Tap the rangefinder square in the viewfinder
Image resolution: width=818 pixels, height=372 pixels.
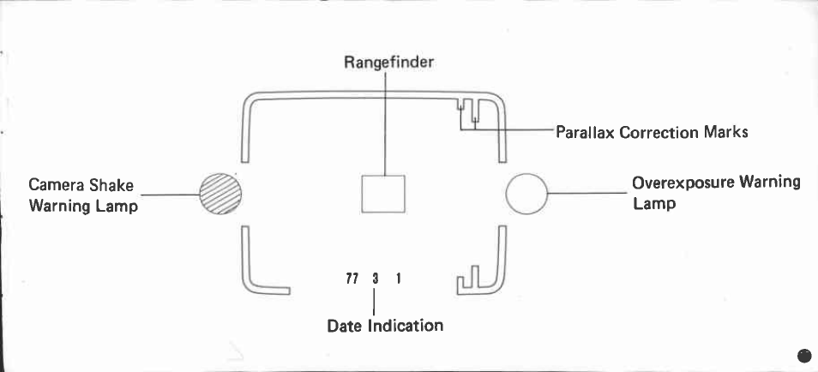pos(382,193)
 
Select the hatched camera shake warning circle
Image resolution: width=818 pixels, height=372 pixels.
pos(220,193)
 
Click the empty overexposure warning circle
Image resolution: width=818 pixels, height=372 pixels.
pos(526,194)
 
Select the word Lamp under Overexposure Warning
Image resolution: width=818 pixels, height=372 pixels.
pos(653,204)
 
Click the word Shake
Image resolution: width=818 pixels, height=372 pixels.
pos(112,185)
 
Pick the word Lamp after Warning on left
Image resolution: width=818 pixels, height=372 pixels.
pos(117,207)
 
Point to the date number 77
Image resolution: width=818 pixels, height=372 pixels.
pos(351,279)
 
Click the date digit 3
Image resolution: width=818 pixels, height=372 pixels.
pos(375,279)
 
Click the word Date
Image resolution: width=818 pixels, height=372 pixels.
pos(345,326)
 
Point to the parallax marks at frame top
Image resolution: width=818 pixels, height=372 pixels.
pos(468,111)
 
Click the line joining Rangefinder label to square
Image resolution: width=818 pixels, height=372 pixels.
pos(385,120)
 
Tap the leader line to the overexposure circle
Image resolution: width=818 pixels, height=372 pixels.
pos(587,194)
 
